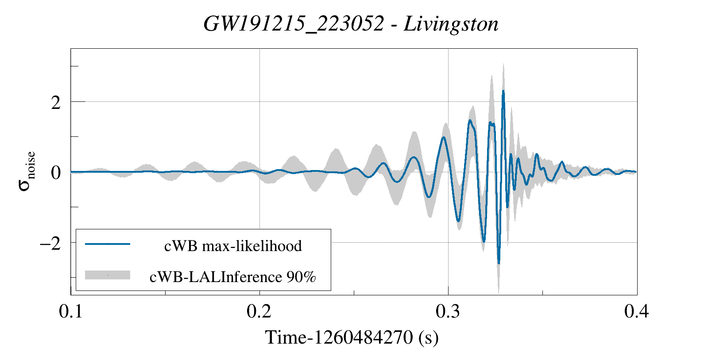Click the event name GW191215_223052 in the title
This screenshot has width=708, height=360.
(293, 24)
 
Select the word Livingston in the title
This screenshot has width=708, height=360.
(451, 24)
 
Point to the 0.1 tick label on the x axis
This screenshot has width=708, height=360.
(71, 311)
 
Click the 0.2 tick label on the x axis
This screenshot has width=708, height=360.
(259, 311)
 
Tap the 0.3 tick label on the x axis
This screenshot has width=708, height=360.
(448, 311)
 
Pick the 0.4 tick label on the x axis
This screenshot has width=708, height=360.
(636, 311)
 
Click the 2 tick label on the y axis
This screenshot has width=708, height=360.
(55, 102)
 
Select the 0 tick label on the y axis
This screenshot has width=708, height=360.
(55, 172)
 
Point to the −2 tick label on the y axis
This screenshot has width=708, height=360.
(50, 243)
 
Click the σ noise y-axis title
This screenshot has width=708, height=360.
(27, 171)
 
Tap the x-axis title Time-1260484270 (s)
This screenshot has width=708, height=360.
(352, 338)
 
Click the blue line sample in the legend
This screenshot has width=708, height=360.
(108, 244)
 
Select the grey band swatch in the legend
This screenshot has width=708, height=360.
(108, 275)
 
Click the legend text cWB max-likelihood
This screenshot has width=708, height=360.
(233, 246)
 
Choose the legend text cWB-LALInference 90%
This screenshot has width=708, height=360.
(233, 277)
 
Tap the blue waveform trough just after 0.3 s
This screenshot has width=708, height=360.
(458, 221)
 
